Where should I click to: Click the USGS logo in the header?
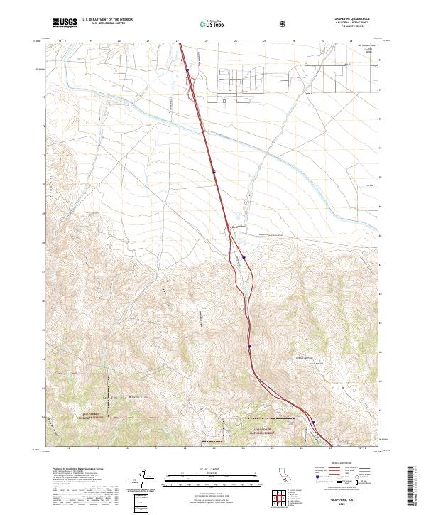point(65,23)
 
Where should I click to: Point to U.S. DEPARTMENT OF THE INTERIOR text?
point(107,19)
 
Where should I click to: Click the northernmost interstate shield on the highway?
point(187,70)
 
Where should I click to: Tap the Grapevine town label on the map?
point(240,227)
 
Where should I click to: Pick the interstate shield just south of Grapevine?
point(244,259)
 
